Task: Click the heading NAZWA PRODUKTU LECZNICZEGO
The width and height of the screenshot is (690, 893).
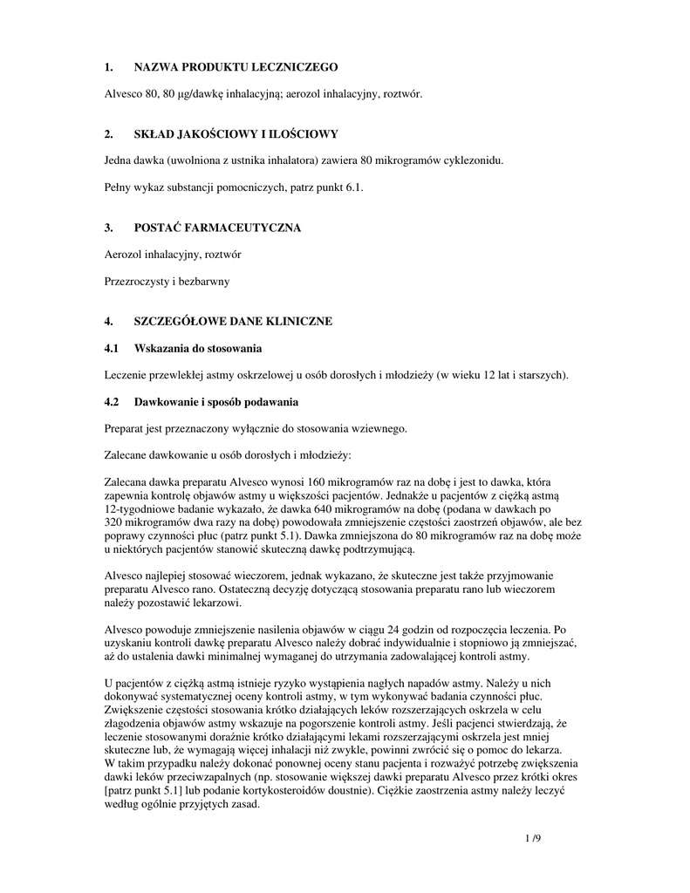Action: (235, 67)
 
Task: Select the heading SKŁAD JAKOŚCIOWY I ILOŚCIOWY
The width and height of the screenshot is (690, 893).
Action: (235, 134)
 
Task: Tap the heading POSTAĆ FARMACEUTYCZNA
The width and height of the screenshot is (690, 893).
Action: (216, 228)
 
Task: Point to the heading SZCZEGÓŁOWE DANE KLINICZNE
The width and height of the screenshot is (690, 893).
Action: (232, 322)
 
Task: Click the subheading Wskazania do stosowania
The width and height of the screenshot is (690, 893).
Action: (197, 349)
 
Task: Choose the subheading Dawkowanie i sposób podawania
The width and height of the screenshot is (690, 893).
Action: (215, 402)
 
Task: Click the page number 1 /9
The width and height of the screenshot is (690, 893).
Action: (532, 839)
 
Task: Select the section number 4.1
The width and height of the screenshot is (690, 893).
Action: (111, 349)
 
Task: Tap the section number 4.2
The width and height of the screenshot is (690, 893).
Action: (111, 402)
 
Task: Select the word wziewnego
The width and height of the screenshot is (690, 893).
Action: (381, 429)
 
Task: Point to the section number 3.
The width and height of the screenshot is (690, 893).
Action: (107, 228)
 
